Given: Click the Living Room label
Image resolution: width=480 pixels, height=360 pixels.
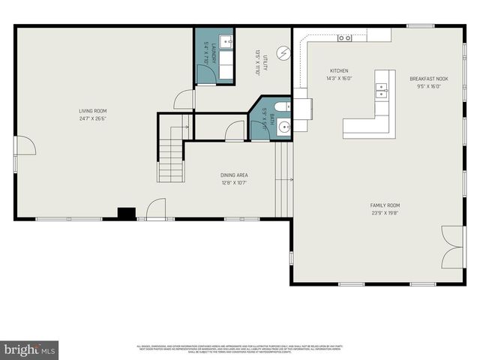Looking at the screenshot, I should coord(93,111).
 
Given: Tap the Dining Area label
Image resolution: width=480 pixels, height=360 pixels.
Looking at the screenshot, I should coord(234,175).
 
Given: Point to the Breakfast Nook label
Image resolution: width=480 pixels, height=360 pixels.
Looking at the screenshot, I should coord(428,78).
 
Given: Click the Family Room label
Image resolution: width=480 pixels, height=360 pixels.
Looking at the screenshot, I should coord(385,205).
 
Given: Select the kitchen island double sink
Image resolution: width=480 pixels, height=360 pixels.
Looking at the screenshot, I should coord(381,91).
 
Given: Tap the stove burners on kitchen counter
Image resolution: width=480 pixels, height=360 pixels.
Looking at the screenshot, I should coord(344,37).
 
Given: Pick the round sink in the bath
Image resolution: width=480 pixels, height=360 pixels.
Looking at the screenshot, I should coord(284,127).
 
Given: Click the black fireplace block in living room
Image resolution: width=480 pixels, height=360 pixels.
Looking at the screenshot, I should coord(127,213).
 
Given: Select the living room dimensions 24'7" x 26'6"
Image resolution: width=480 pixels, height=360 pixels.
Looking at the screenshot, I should coord(93,118).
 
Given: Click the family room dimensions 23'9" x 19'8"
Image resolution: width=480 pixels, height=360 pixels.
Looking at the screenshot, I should coord(385,212).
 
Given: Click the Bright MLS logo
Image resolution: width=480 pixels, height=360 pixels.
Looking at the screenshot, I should coord(30,349).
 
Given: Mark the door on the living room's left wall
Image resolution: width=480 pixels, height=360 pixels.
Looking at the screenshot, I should coord(24,145).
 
